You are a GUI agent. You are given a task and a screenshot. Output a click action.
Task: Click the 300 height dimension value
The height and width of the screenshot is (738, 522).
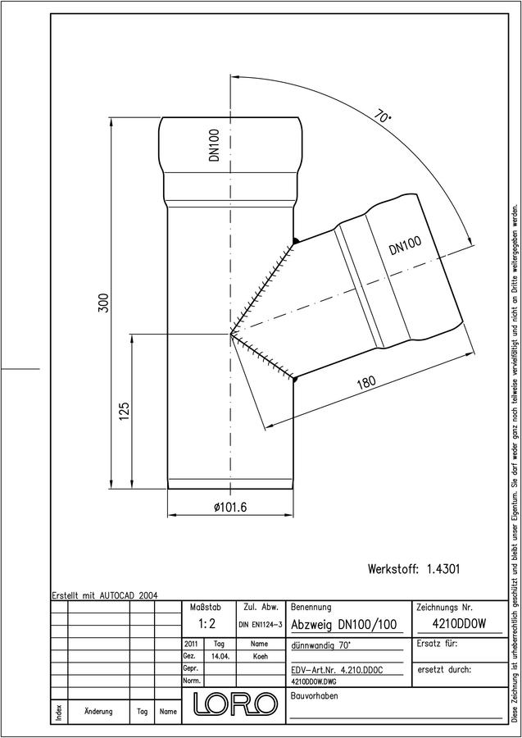pos(104,303)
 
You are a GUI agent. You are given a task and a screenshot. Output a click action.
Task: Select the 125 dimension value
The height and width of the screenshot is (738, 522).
pos(125,412)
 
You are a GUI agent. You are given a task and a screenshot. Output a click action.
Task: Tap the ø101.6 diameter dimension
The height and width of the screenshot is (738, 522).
pos(230,507)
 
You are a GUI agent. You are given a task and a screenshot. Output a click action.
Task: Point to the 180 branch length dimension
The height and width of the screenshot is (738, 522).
pos(365,381)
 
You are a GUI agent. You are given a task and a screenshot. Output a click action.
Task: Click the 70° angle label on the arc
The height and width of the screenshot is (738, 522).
pos(383,116)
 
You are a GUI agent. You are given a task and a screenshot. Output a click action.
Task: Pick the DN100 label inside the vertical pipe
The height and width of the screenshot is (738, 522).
pos(215,145)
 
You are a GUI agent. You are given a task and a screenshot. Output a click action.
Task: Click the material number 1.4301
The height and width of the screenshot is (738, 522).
pos(443,568)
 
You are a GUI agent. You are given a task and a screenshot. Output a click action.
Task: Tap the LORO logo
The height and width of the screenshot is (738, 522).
pos(234,704)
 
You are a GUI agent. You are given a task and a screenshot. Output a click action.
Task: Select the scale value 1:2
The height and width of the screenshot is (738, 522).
pos(207,624)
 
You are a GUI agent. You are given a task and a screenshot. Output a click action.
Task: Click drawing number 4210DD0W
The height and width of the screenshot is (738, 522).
pos(459,623)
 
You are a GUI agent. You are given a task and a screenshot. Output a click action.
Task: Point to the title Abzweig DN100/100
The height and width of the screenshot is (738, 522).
pos(344,625)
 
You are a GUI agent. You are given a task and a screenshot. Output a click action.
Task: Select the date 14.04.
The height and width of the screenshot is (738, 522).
pos(220,656)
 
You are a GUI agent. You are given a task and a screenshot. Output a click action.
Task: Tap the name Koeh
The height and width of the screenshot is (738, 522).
pos(259,656)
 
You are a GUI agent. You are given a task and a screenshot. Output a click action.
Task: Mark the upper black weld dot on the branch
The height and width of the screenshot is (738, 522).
pos(295,241)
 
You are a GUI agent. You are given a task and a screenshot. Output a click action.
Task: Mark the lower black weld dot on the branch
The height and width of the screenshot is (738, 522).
pos(294,377)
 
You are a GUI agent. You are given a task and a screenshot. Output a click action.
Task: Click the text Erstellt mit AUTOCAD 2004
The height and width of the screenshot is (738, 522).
pos(105,595)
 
